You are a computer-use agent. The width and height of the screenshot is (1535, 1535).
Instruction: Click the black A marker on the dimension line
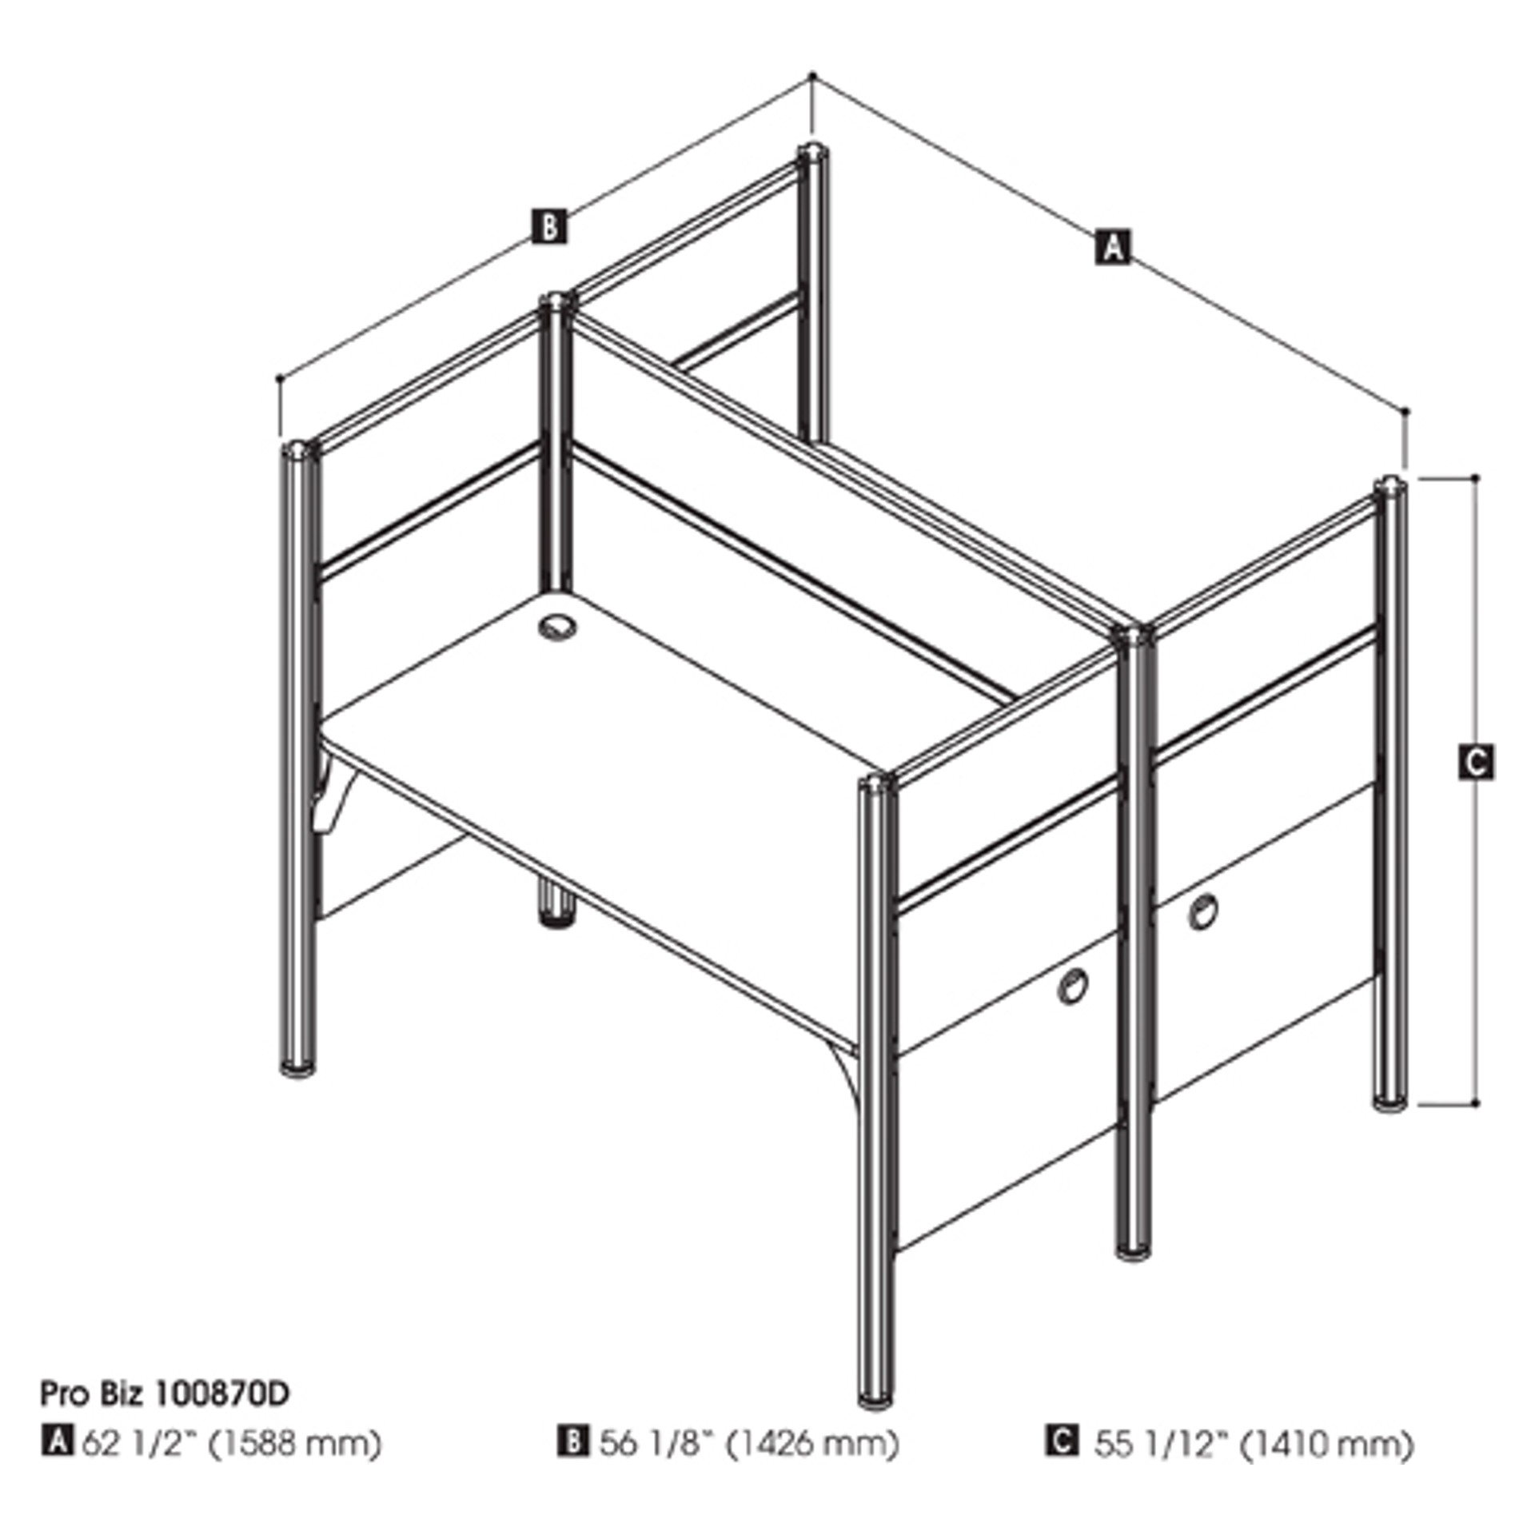1113,245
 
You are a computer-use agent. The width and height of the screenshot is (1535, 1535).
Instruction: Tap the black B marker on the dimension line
549,226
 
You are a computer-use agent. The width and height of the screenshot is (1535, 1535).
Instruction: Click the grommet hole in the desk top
556,627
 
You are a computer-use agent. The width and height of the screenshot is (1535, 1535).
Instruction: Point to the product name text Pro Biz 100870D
165,1393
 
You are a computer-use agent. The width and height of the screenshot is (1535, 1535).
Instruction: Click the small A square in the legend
57,1441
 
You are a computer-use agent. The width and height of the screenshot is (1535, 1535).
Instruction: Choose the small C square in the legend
1061,1441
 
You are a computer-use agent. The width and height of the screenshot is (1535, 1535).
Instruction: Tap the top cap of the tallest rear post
812,151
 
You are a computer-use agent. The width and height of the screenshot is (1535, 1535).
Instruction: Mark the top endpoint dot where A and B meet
812,76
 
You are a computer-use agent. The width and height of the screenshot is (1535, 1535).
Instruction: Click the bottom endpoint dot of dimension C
1476,1104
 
